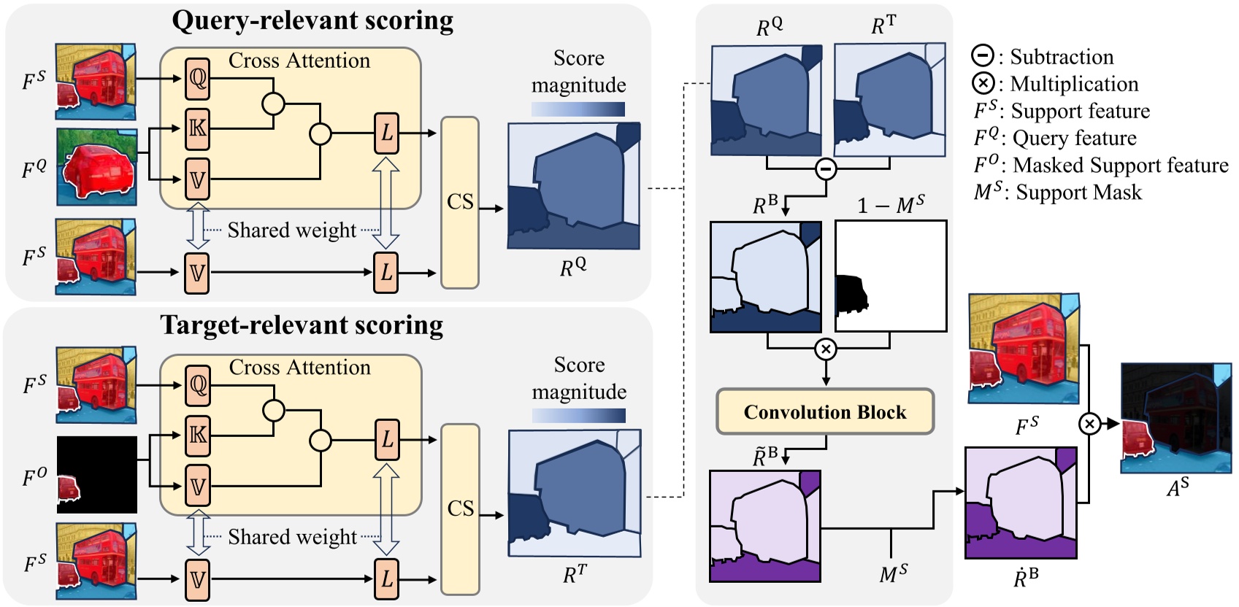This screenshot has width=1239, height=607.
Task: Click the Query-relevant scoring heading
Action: (312, 21)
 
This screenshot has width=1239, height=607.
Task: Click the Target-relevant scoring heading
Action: (302, 325)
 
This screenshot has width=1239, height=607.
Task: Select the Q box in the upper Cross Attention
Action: (197, 78)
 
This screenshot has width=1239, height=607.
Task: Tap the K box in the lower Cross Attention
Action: (197, 436)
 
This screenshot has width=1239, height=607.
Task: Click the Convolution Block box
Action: (825, 412)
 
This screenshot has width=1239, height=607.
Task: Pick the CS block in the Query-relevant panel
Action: (460, 202)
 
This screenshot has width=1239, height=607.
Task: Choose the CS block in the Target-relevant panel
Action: (460, 509)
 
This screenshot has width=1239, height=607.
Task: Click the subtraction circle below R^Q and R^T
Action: (826, 169)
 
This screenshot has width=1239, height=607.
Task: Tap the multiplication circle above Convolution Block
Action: (826, 349)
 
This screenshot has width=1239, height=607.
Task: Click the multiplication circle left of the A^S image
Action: (1089, 423)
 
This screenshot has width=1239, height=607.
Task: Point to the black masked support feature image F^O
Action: (97, 475)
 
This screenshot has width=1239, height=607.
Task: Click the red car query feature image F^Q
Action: (97, 167)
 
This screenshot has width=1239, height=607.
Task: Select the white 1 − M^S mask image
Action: (891, 276)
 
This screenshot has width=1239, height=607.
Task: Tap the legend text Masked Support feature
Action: (1120, 166)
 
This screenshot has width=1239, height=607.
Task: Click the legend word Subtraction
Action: (1062, 57)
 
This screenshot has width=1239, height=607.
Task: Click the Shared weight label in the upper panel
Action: (291, 231)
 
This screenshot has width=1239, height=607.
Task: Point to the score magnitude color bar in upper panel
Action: (578, 109)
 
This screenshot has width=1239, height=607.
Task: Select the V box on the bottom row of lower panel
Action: (197, 579)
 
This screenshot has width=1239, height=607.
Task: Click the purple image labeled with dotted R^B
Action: (1021, 503)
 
